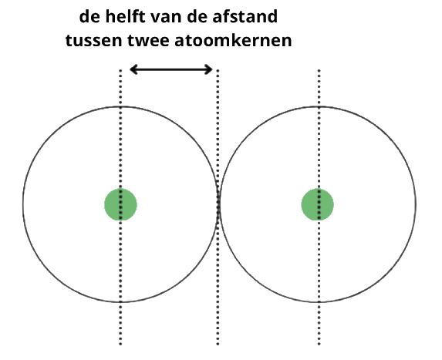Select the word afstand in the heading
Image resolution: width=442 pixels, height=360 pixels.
[245, 17]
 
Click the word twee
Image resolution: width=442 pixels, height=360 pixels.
[148, 41]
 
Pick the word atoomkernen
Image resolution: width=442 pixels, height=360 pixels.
[233, 40]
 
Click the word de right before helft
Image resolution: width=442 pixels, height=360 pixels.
[89, 17]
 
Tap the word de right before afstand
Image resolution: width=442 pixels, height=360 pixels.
[197, 17]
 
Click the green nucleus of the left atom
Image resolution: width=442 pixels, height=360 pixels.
[120, 204]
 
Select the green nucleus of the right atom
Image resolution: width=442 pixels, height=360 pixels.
[318, 204]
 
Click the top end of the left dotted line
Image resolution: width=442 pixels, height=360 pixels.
[120, 70]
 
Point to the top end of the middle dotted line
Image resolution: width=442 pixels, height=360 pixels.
[218, 70]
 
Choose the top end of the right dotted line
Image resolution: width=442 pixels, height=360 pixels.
[319, 70]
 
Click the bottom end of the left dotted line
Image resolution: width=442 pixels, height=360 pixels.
[120, 345]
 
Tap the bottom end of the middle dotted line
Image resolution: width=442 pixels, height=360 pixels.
[218, 345]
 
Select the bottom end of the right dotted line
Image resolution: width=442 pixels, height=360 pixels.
[319, 345]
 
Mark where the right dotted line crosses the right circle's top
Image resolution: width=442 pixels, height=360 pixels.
[319, 106]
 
